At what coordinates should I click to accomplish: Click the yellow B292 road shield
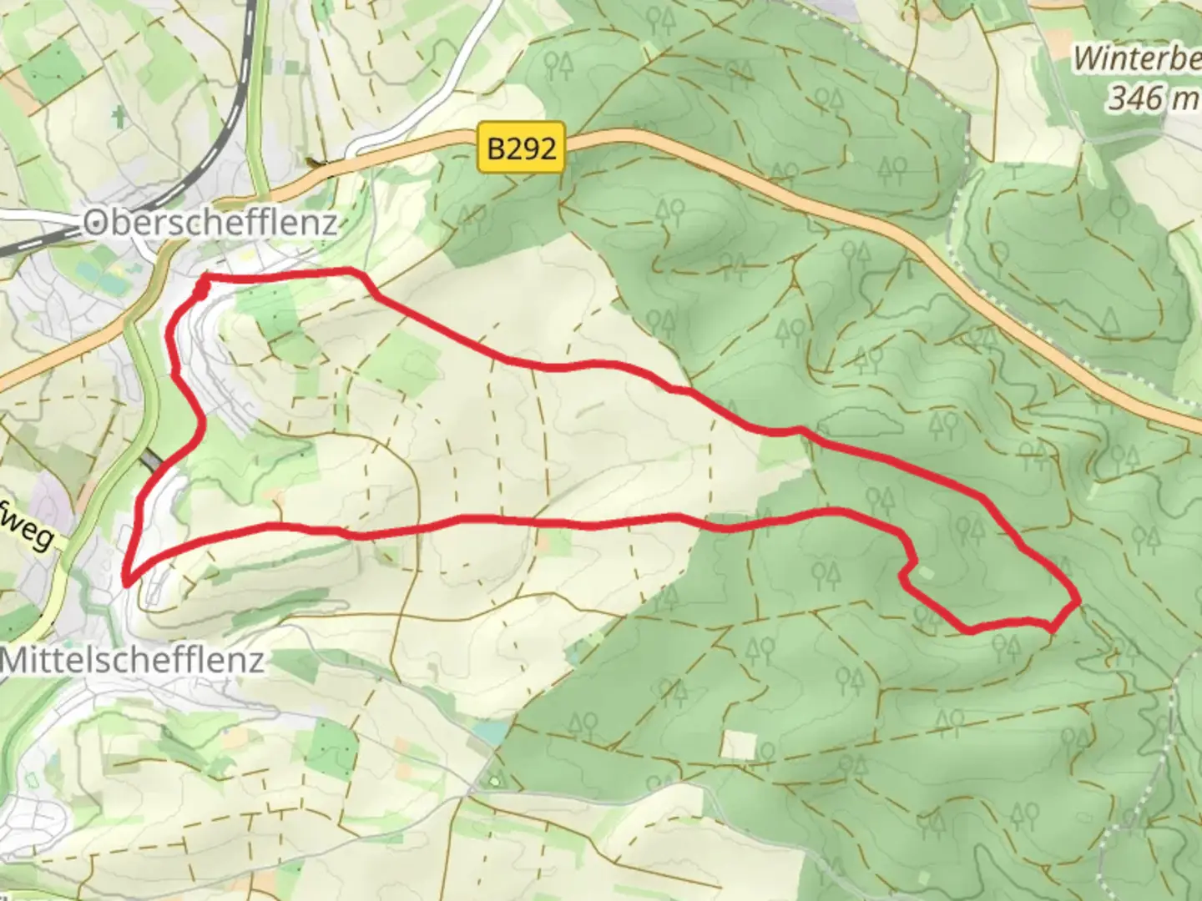click(x=521, y=148)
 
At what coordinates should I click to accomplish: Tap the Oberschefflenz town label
click(x=210, y=223)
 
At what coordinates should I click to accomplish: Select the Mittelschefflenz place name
click(x=132, y=660)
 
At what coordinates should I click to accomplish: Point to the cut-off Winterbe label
click(x=1135, y=58)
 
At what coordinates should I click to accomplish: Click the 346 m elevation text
click(x=1152, y=98)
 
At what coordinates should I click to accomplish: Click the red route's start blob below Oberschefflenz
click(x=202, y=289)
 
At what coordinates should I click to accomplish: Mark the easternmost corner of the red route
click(x=1079, y=600)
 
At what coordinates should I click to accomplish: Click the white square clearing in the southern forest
click(x=738, y=745)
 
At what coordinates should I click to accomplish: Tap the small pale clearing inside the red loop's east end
click(x=926, y=573)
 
